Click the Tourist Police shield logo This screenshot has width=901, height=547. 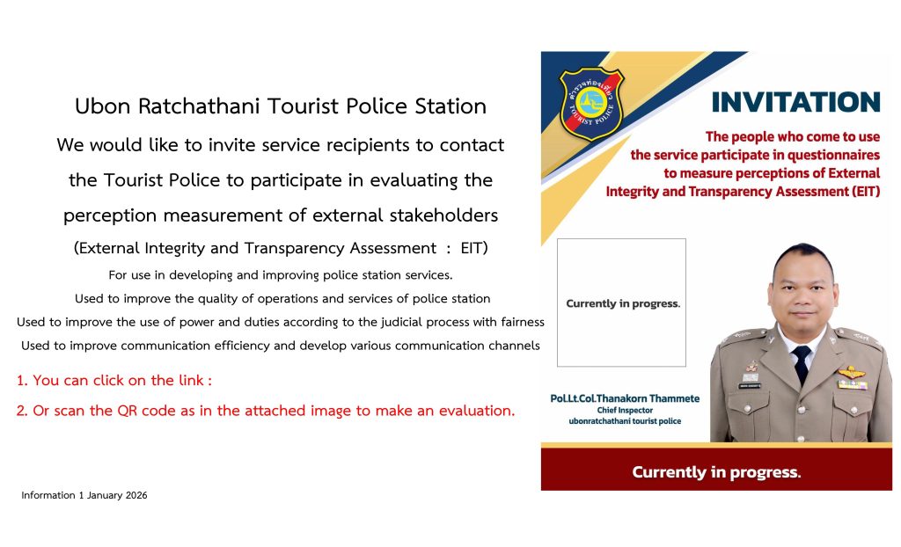pos(591,104)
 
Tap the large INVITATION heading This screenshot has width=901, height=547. pos(795,102)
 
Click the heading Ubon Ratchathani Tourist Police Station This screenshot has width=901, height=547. pos(281,106)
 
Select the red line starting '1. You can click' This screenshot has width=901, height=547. pos(114,381)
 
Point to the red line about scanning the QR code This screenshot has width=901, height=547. pos(266,411)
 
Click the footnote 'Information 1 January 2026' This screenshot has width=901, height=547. pos(84,495)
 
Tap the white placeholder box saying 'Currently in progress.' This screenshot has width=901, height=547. pos(622,303)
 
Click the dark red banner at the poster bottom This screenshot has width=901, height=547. pos(716,470)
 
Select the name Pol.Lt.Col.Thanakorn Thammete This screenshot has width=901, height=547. pos(626,398)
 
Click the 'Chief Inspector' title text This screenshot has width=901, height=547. pos(626,410)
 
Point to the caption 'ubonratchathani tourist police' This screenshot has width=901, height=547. pos(626,421)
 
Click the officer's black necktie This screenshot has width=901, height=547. pos(801,364)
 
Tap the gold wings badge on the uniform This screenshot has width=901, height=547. pos(852,373)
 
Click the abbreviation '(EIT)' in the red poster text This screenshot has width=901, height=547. pos(866,192)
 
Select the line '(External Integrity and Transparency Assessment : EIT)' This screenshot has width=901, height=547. pos(281,248)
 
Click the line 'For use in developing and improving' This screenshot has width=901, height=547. pos(281,275)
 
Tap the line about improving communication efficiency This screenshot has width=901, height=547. pos(281,346)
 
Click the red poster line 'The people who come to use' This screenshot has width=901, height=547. pos(793,137)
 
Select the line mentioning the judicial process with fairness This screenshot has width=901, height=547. pos(281,323)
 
